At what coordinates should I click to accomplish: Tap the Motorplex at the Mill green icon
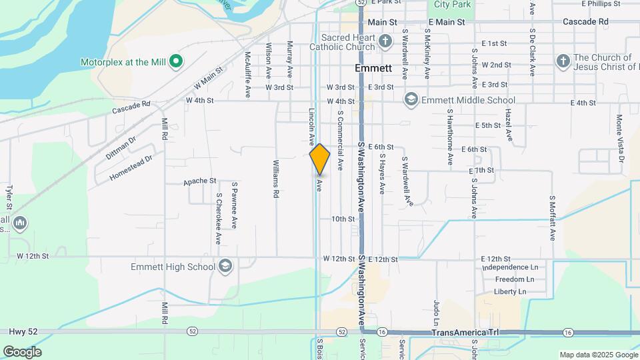pyautogui.click(x=176, y=62)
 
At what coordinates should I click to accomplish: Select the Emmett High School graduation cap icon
pyautogui.click(x=225, y=267)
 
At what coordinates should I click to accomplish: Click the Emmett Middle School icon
pyautogui.click(x=411, y=100)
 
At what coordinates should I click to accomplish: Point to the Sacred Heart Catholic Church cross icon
pyautogui.click(x=385, y=42)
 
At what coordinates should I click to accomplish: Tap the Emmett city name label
pyautogui.click(x=373, y=69)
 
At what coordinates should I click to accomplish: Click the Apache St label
pyautogui.click(x=200, y=181)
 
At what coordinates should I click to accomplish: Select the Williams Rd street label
pyautogui.click(x=276, y=179)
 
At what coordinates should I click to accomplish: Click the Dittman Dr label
pyautogui.click(x=120, y=147)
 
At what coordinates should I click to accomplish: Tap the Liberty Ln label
pyautogui.click(x=510, y=291)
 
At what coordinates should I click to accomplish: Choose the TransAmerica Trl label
pyautogui.click(x=465, y=332)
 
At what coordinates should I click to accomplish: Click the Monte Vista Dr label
pyautogui.click(x=620, y=138)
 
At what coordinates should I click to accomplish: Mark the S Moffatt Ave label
pyautogui.click(x=552, y=217)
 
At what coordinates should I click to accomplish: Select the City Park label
pyautogui.click(x=452, y=4)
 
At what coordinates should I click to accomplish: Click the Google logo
pyautogui.click(x=22, y=352)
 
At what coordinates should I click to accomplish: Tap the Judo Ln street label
pyautogui.click(x=437, y=311)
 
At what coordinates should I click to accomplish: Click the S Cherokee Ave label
pyautogui.click(x=218, y=219)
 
